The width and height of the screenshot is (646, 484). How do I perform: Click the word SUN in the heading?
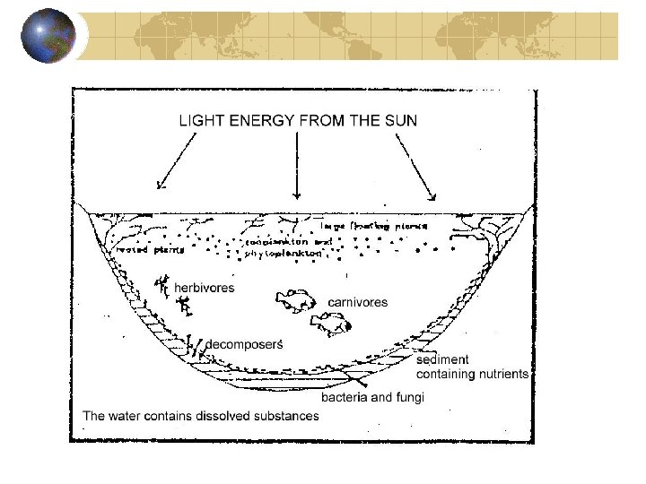click(x=398, y=120)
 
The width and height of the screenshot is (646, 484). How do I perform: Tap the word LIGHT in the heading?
click(x=202, y=120)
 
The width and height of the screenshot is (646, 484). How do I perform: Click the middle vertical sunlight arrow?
click(x=296, y=166)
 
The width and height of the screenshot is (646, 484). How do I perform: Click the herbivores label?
click(x=204, y=288)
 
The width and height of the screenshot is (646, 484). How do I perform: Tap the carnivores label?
click(x=357, y=302)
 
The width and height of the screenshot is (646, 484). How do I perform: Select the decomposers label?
click(x=245, y=344)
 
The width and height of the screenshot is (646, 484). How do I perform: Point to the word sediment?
click(x=442, y=360)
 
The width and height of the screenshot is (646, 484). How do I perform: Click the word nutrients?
click(x=502, y=374)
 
